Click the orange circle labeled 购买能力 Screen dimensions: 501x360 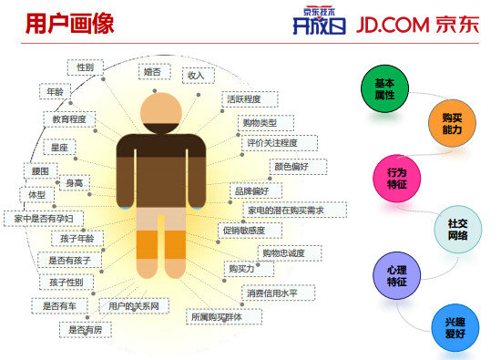click(452, 125)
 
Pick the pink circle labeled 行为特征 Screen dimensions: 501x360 click(396, 178)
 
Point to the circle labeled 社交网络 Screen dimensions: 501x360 click(457, 229)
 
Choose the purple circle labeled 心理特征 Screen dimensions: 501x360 click(397, 276)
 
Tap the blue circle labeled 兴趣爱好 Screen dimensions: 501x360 click(455, 328)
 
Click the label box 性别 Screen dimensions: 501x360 click(85, 67)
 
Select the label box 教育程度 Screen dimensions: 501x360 click(69, 119)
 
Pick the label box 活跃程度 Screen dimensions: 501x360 click(243, 98)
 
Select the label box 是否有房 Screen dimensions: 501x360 click(86, 329)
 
